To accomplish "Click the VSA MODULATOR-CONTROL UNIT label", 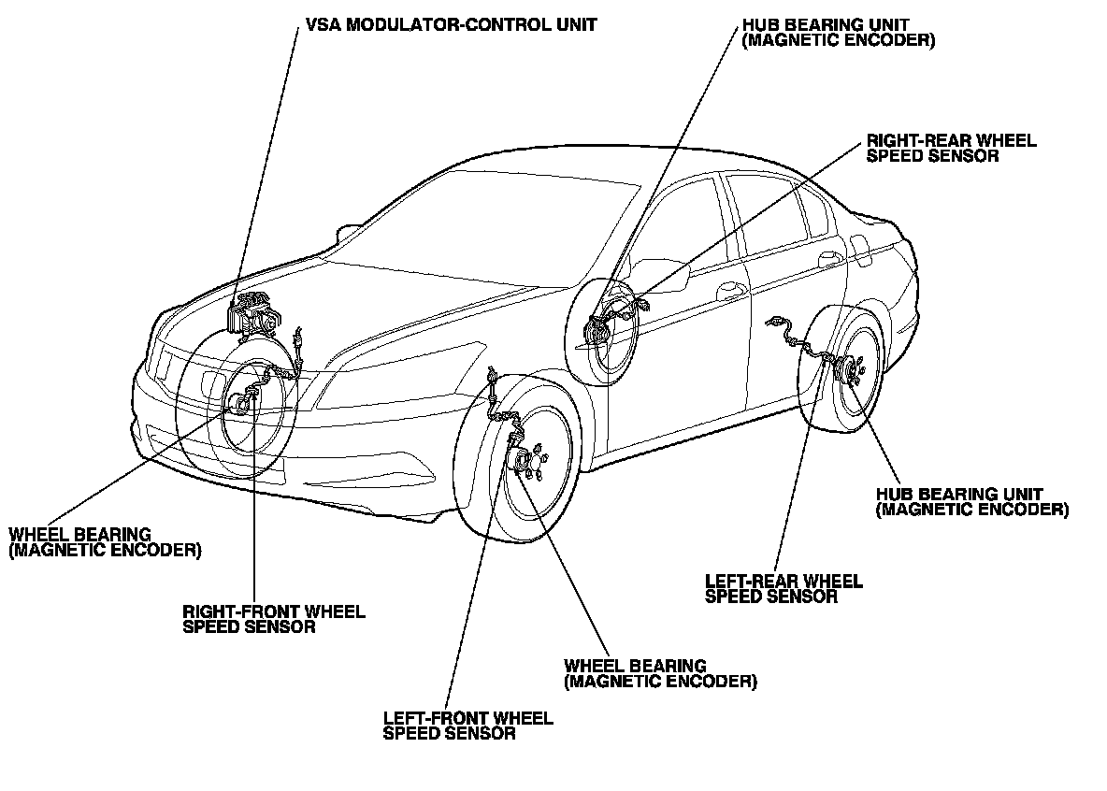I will click(450, 25).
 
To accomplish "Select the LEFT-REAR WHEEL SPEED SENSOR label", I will click(784, 588).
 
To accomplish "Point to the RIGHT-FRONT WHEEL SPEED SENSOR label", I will click(274, 619).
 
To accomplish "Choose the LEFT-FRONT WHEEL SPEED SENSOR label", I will click(467, 726).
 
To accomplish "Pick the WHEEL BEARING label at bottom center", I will click(660, 673).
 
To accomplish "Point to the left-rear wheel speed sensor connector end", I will click(773, 324).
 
